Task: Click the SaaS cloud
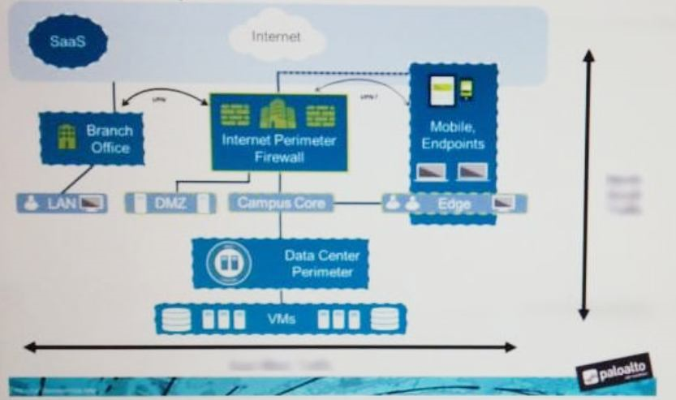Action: [67, 40]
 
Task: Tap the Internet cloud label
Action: [276, 37]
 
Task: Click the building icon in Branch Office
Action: [65, 138]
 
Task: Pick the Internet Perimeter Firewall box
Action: [278, 132]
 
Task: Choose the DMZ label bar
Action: [170, 203]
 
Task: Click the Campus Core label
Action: [280, 203]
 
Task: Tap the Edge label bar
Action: [454, 203]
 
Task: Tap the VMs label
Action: [281, 319]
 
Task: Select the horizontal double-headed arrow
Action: [269, 347]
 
